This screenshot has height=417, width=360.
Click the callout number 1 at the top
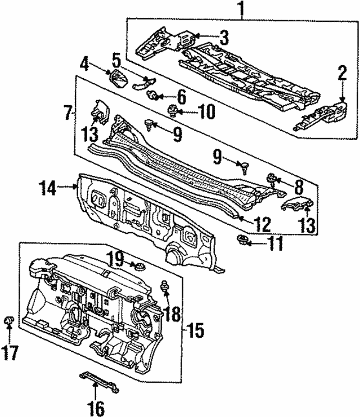241,10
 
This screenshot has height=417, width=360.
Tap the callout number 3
224,38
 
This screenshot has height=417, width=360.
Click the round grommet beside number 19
135,265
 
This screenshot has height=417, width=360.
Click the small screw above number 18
166,285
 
